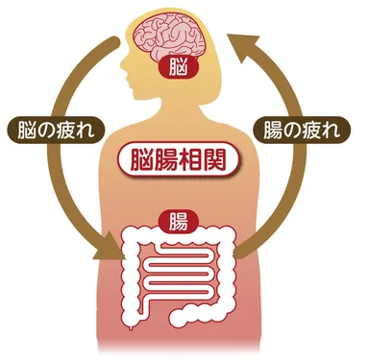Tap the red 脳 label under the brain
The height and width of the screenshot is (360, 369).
click(176, 70)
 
